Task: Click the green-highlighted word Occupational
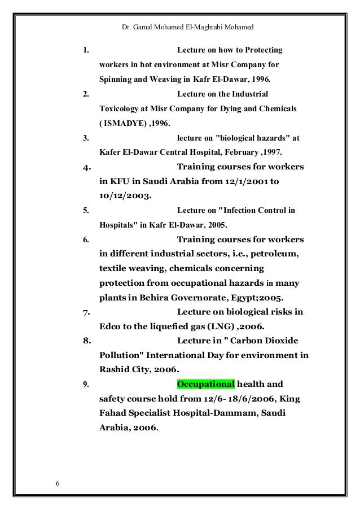(205, 385)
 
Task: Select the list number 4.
(86, 168)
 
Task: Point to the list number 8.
(86, 341)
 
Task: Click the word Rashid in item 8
(115, 370)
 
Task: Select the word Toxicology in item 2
(120, 108)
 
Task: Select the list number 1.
(85, 50)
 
